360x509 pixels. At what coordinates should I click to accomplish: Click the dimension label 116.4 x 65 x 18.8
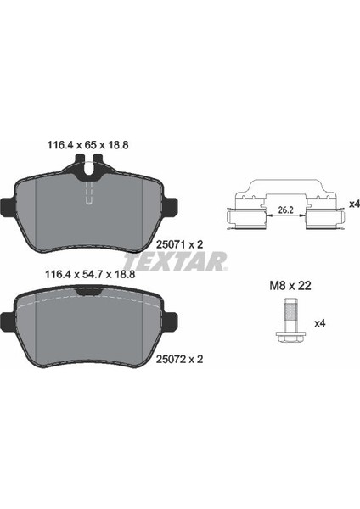click(x=87, y=145)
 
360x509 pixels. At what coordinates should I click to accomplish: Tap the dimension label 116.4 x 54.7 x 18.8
click(x=91, y=275)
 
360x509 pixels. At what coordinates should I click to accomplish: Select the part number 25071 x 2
click(x=180, y=244)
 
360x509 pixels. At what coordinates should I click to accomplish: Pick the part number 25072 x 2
click(x=180, y=359)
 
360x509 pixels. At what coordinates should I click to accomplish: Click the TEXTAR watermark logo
click(x=175, y=261)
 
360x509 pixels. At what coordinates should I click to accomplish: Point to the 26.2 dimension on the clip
click(x=286, y=210)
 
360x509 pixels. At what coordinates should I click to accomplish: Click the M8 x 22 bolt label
click(x=290, y=286)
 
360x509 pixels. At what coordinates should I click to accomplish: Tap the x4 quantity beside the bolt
click(x=319, y=323)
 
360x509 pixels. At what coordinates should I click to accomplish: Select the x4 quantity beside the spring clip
click(x=354, y=204)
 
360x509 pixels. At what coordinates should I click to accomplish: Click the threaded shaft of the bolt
click(x=290, y=314)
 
